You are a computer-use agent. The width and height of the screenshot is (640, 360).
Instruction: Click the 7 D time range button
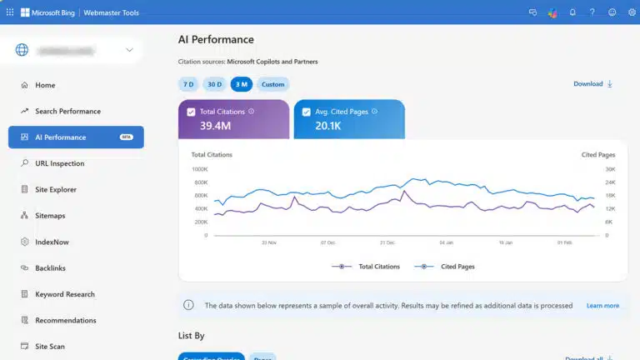coord(188,84)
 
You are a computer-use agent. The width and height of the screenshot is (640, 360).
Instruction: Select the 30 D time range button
coord(214,84)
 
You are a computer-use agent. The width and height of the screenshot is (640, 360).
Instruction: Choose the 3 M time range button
coord(241,84)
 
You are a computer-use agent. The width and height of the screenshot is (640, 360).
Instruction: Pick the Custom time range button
coord(272,84)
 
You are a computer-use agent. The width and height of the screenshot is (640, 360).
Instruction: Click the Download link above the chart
coord(592,84)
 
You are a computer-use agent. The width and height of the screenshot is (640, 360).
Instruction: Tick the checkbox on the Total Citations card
coord(192,112)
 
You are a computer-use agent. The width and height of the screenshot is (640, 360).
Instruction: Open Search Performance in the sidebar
coord(67,112)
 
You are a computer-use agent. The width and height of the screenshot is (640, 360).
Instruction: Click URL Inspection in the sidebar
coord(59,163)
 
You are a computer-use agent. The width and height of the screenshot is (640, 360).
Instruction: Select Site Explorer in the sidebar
coord(56,190)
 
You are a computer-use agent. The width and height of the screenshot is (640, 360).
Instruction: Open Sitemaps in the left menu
coord(50,216)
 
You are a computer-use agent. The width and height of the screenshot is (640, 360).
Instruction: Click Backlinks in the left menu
coord(50,268)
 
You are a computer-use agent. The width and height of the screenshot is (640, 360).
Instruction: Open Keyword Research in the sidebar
coord(64,294)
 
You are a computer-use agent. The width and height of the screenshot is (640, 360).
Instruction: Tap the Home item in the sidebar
coord(45,85)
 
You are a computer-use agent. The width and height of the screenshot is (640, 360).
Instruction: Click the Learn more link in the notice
coord(602,306)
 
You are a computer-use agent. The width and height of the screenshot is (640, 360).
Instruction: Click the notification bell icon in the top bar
coord(572,12)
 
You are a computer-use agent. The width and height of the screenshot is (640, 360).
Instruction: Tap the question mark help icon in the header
coord(592,12)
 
